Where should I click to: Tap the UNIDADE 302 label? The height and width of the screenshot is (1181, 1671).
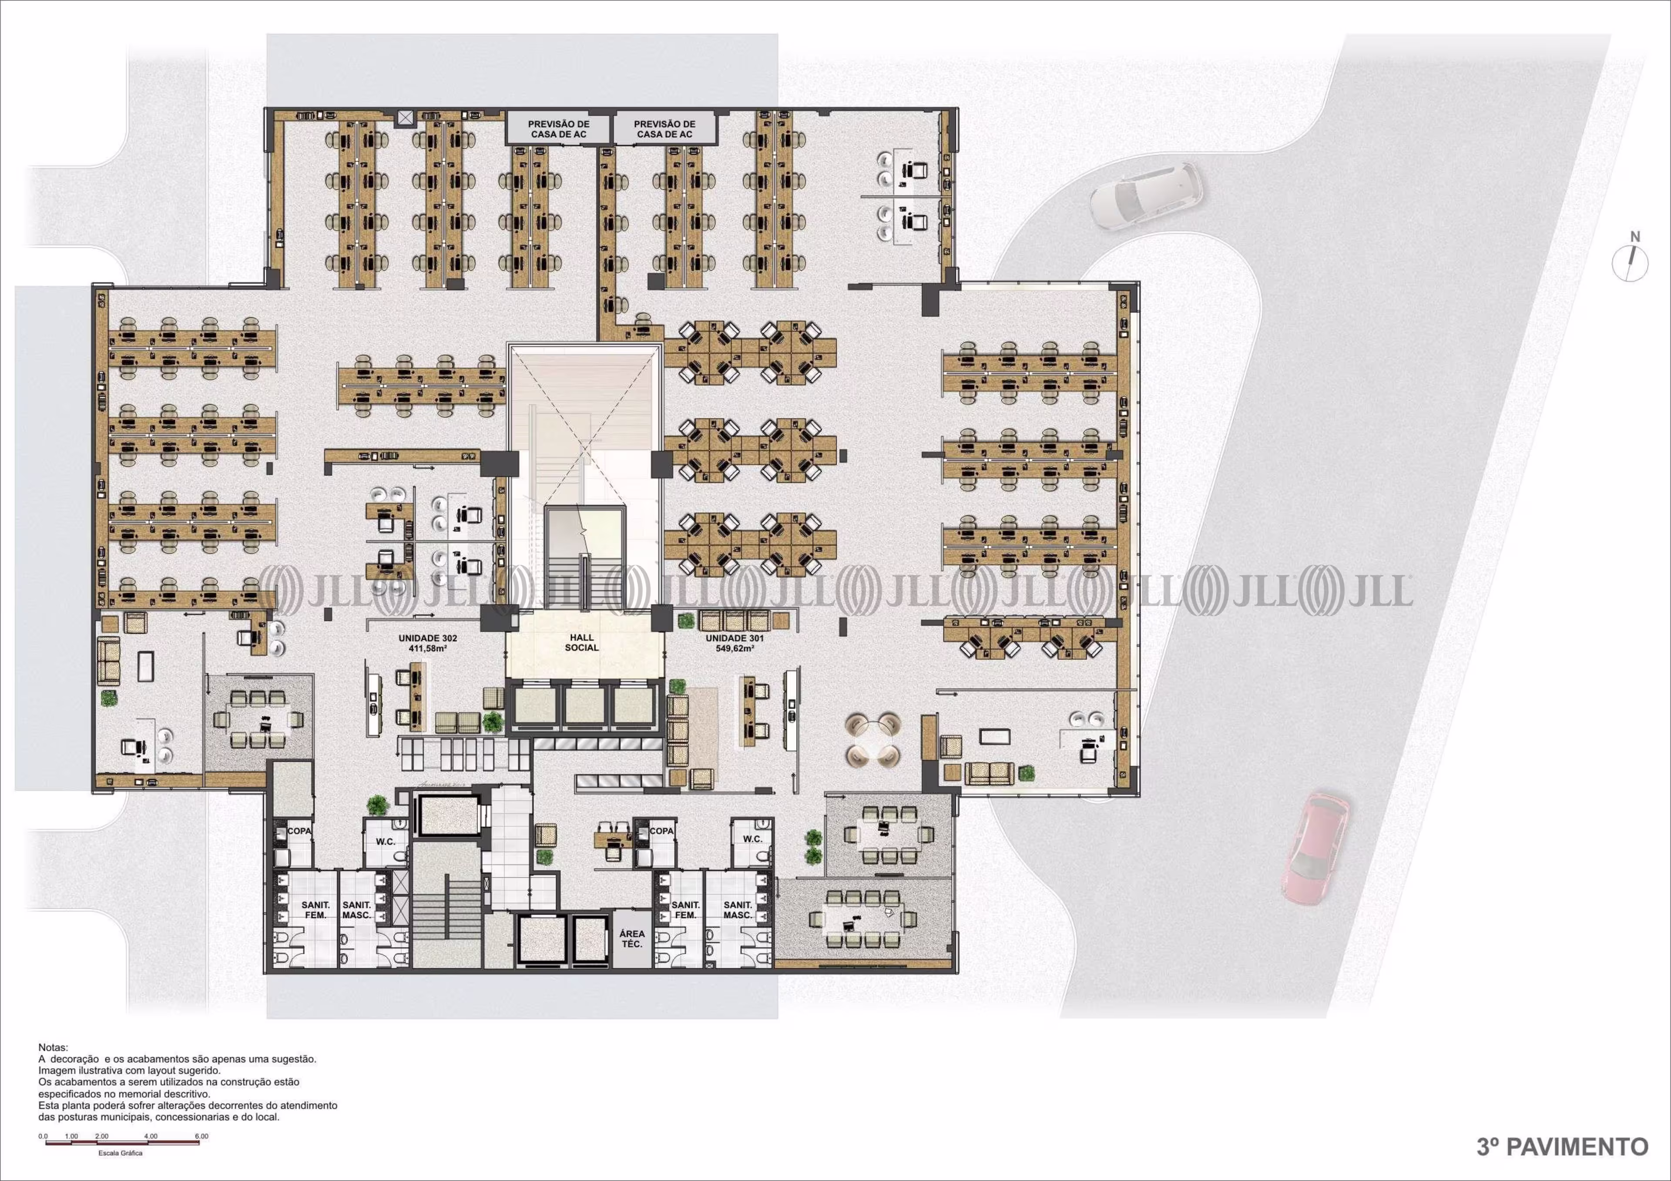coord(428,638)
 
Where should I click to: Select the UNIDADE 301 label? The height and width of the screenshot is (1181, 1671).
coord(735,638)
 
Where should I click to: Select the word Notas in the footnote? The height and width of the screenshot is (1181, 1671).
coord(52,1047)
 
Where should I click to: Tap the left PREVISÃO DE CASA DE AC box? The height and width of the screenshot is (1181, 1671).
coord(559,129)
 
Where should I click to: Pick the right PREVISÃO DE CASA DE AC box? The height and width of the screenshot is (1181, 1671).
coord(664,129)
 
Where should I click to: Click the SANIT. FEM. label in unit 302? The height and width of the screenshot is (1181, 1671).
coord(316,909)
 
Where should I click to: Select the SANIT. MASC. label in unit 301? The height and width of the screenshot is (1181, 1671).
coord(737,909)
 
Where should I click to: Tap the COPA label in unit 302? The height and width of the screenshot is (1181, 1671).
coord(299,830)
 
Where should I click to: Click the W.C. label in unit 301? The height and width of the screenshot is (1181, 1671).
coord(752,839)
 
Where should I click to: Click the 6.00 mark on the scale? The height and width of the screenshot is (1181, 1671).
coord(201,1136)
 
